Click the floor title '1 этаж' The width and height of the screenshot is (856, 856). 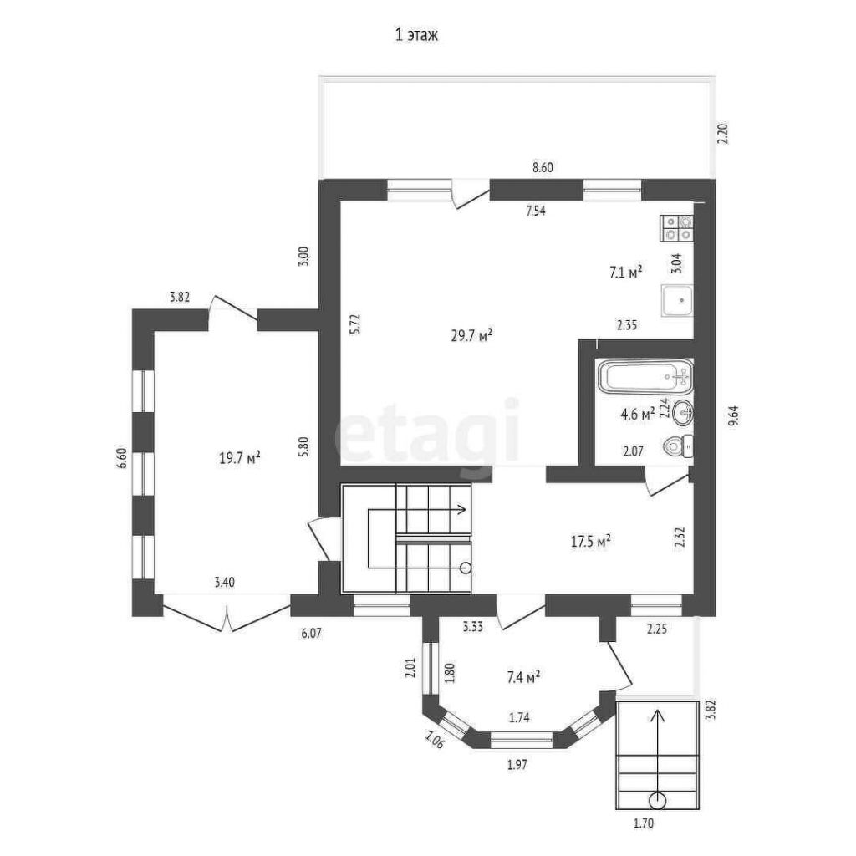tap(416, 35)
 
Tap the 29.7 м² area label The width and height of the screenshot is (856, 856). tap(471, 334)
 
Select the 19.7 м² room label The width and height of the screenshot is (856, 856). tap(239, 457)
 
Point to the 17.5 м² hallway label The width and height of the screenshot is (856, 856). tap(590, 542)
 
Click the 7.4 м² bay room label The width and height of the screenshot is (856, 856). tap(523, 677)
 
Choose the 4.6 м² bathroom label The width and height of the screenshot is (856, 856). tap(638, 415)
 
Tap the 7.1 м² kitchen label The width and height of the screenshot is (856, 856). tap(625, 272)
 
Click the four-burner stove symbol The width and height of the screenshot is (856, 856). tap(677, 228)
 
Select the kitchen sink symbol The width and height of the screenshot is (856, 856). tap(677, 301)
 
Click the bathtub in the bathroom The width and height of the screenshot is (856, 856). tap(645, 377)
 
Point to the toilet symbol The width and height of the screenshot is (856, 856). tap(678, 447)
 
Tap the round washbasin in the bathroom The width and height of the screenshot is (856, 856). tap(683, 413)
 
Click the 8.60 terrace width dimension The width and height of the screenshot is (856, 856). tap(543, 167)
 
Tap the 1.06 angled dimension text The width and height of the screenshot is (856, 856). tap(434, 740)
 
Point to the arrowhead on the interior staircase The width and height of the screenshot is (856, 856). tap(461, 510)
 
